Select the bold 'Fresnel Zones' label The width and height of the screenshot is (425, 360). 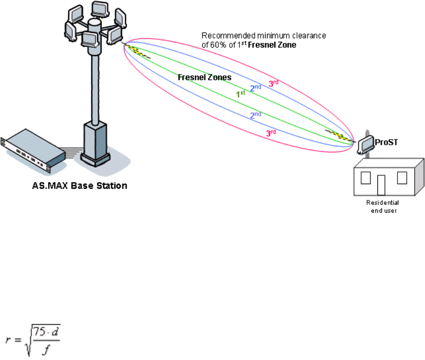tap(204, 77)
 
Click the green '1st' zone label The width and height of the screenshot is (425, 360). tap(240, 93)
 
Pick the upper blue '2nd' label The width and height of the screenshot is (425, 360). tap(256, 88)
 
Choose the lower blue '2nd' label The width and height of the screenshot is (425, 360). tap(256, 116)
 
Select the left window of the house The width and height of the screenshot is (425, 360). tap(366, 178)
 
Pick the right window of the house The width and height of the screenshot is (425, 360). tap(402, 178)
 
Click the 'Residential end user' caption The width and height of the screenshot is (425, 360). tap(383, 206)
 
